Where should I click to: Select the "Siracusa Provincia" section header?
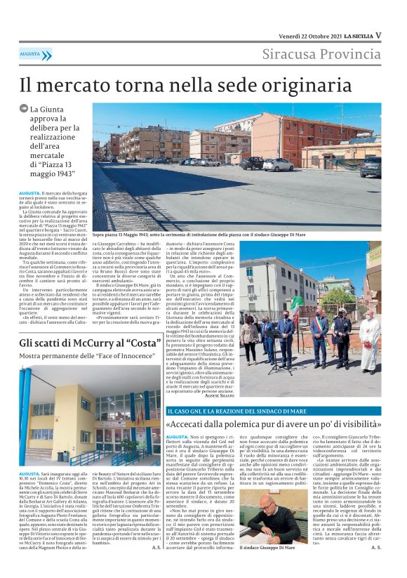tap(322, 55)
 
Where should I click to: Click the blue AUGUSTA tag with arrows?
tap(34, 54)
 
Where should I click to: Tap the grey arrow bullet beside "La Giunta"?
tap(24, 109)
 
